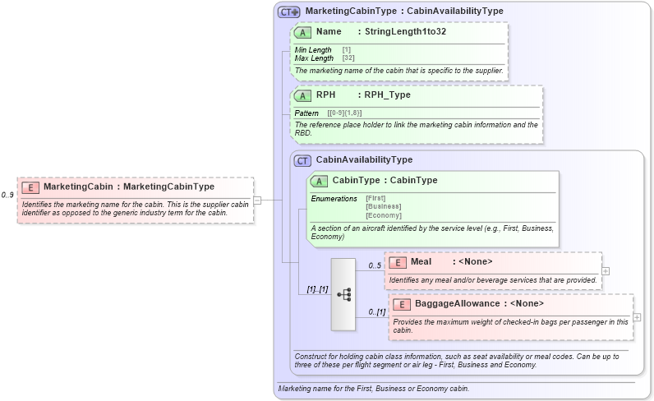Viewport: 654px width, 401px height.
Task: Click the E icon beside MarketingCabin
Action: [30, 187]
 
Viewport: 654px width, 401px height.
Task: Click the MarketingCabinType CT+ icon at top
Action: [288, 12]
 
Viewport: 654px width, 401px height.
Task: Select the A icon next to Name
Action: [303, 31]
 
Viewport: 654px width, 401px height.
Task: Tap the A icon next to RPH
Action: [303, 95]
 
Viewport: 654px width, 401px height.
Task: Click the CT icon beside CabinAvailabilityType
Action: [302, 160]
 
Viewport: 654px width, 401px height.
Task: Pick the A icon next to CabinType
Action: [320, 181]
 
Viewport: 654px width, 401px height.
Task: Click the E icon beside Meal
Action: [398, 262]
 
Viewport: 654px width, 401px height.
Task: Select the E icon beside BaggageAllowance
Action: [402, 304]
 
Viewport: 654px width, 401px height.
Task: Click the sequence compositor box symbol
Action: [343, 294]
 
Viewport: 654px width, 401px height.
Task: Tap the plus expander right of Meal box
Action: [606, 270]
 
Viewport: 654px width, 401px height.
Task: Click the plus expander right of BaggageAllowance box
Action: [638, 317]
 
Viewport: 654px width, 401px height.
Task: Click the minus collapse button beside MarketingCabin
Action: [257, 200]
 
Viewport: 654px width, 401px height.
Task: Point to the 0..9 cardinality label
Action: [7, 195]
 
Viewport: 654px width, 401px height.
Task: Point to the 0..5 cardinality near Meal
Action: [375, 265]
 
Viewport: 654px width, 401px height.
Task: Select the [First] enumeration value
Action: [375, 198]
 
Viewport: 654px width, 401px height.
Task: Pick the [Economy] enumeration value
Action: [383, 215]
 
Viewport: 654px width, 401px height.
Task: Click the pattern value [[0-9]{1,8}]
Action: [344, 113]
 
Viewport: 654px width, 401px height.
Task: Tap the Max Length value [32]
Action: [348, 58]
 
